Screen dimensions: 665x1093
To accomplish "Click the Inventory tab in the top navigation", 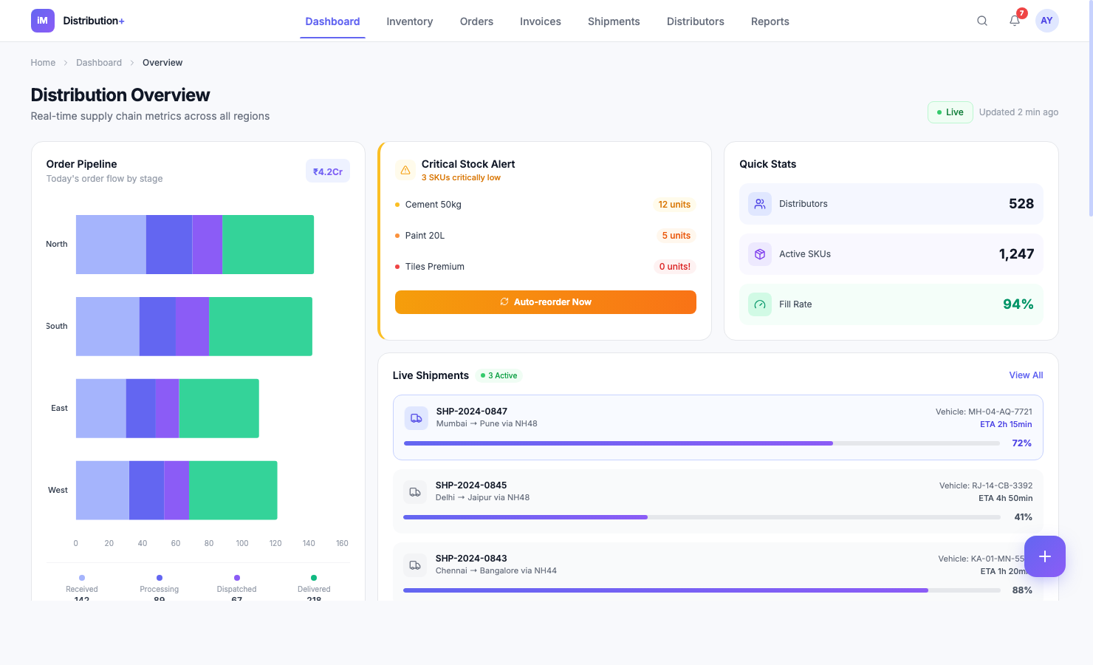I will (409, 21).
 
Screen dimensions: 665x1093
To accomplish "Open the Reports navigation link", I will (770, 21).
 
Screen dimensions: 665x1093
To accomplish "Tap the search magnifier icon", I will (981, 21).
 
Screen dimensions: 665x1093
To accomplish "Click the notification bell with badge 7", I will (1015, 21).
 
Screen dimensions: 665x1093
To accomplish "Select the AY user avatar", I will (1046, 21).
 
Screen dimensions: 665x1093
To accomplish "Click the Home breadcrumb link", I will (43, 63).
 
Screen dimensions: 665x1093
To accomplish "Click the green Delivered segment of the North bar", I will (268, 245).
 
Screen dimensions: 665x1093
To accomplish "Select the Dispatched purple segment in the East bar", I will (167, 408).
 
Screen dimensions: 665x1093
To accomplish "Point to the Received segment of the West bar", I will (103, 490).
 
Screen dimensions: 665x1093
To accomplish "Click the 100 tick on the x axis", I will (242, 543).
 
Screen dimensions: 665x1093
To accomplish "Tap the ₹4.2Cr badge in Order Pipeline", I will (327, 171).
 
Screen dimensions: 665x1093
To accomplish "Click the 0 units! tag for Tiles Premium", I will (674, 267).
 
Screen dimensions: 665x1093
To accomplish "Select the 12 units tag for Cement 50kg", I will (674, 205).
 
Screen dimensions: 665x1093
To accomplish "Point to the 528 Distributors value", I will (1021, 204).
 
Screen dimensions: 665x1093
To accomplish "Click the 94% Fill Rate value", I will (1018, 304).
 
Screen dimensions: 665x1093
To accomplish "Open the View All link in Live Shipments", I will (1026, 375).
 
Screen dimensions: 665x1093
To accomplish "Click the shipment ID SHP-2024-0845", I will (471, 485).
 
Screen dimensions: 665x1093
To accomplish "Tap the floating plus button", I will (1044, 556).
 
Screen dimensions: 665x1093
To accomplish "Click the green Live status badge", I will (950, 112).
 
